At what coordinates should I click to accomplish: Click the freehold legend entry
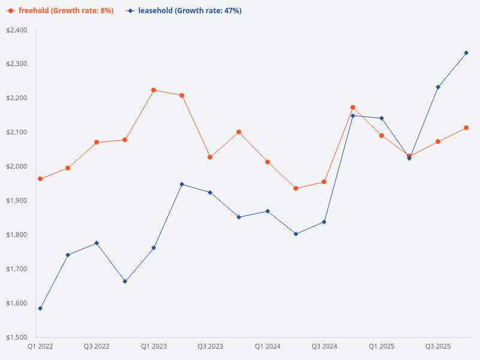pyautogui.click(x=61, y=11)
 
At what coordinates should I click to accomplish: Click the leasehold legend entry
pyautogui.click(x=184, y=11)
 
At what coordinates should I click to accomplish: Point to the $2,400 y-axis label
pyautogui.click(x=16, y=30)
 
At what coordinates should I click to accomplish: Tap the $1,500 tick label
pyautogui.click(x=16, y=337)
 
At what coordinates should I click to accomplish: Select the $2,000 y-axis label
pyautogui.click(x=16, y=166)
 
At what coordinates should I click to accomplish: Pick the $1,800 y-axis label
pyautogui.click(x=16, y=235)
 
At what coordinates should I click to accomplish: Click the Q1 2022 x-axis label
pyautogui.click(x=40, y=347)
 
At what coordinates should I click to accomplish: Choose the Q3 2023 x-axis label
pyautogui.click(x=210, y=347)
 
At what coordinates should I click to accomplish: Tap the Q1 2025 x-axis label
pyautogui.click(x=382, y=347)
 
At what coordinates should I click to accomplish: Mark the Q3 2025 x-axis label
pyautogui.click(x=438, y=347)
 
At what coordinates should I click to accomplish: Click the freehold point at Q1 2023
pyautogui.click(x=154, y=90)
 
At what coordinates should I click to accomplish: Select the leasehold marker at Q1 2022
pyautogui.click(x=40, y=308)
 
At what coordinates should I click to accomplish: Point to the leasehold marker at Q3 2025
pyautogui.click(x=438, y=87)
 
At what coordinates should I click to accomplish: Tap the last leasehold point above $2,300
pyautogui.click(x=466, y=53)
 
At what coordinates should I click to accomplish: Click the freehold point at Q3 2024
pyautogui.click(x=324, y=182)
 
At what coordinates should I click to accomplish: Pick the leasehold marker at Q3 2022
pyautogui.click(x=97, y=243)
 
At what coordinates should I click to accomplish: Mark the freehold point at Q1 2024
pyautogui.click(x=268, y=162)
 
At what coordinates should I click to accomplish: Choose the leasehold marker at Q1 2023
pyautogui.click(x=154, y=248)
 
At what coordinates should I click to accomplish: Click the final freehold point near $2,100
pyautogui.click(x=466, y=128)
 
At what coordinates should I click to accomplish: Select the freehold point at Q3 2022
pyautogui.click(x=97, y=142)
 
